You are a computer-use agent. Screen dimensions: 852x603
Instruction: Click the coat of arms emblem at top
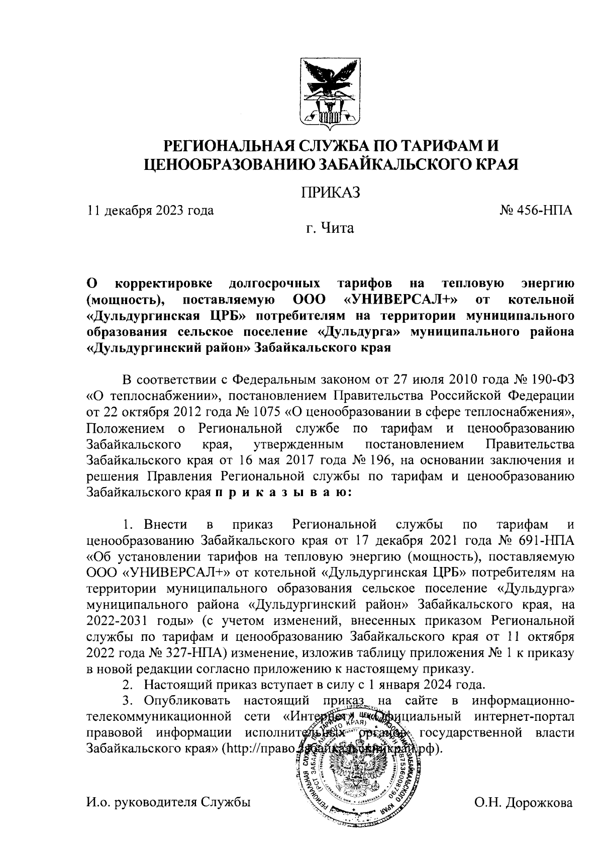(x=331, y=92)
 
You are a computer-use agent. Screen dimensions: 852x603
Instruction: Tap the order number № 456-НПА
(x=536, y=211)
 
